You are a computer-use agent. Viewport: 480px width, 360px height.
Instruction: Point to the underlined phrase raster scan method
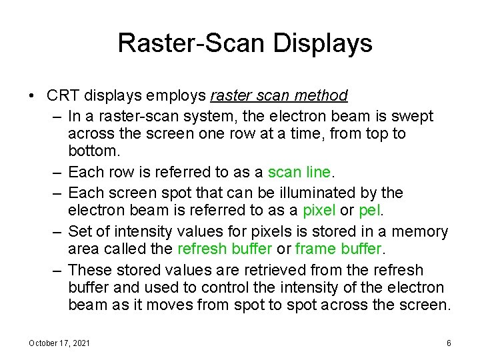click(x=278, y=96)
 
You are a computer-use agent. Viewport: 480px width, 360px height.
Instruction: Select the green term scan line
click(x=299, y=173)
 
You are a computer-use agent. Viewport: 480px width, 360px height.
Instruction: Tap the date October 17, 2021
click(x=60, y=343)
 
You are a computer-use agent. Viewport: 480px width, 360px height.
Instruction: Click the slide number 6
click(x=449, y=343)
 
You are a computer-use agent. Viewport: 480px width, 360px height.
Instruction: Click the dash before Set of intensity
click(x=57, y=231)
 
